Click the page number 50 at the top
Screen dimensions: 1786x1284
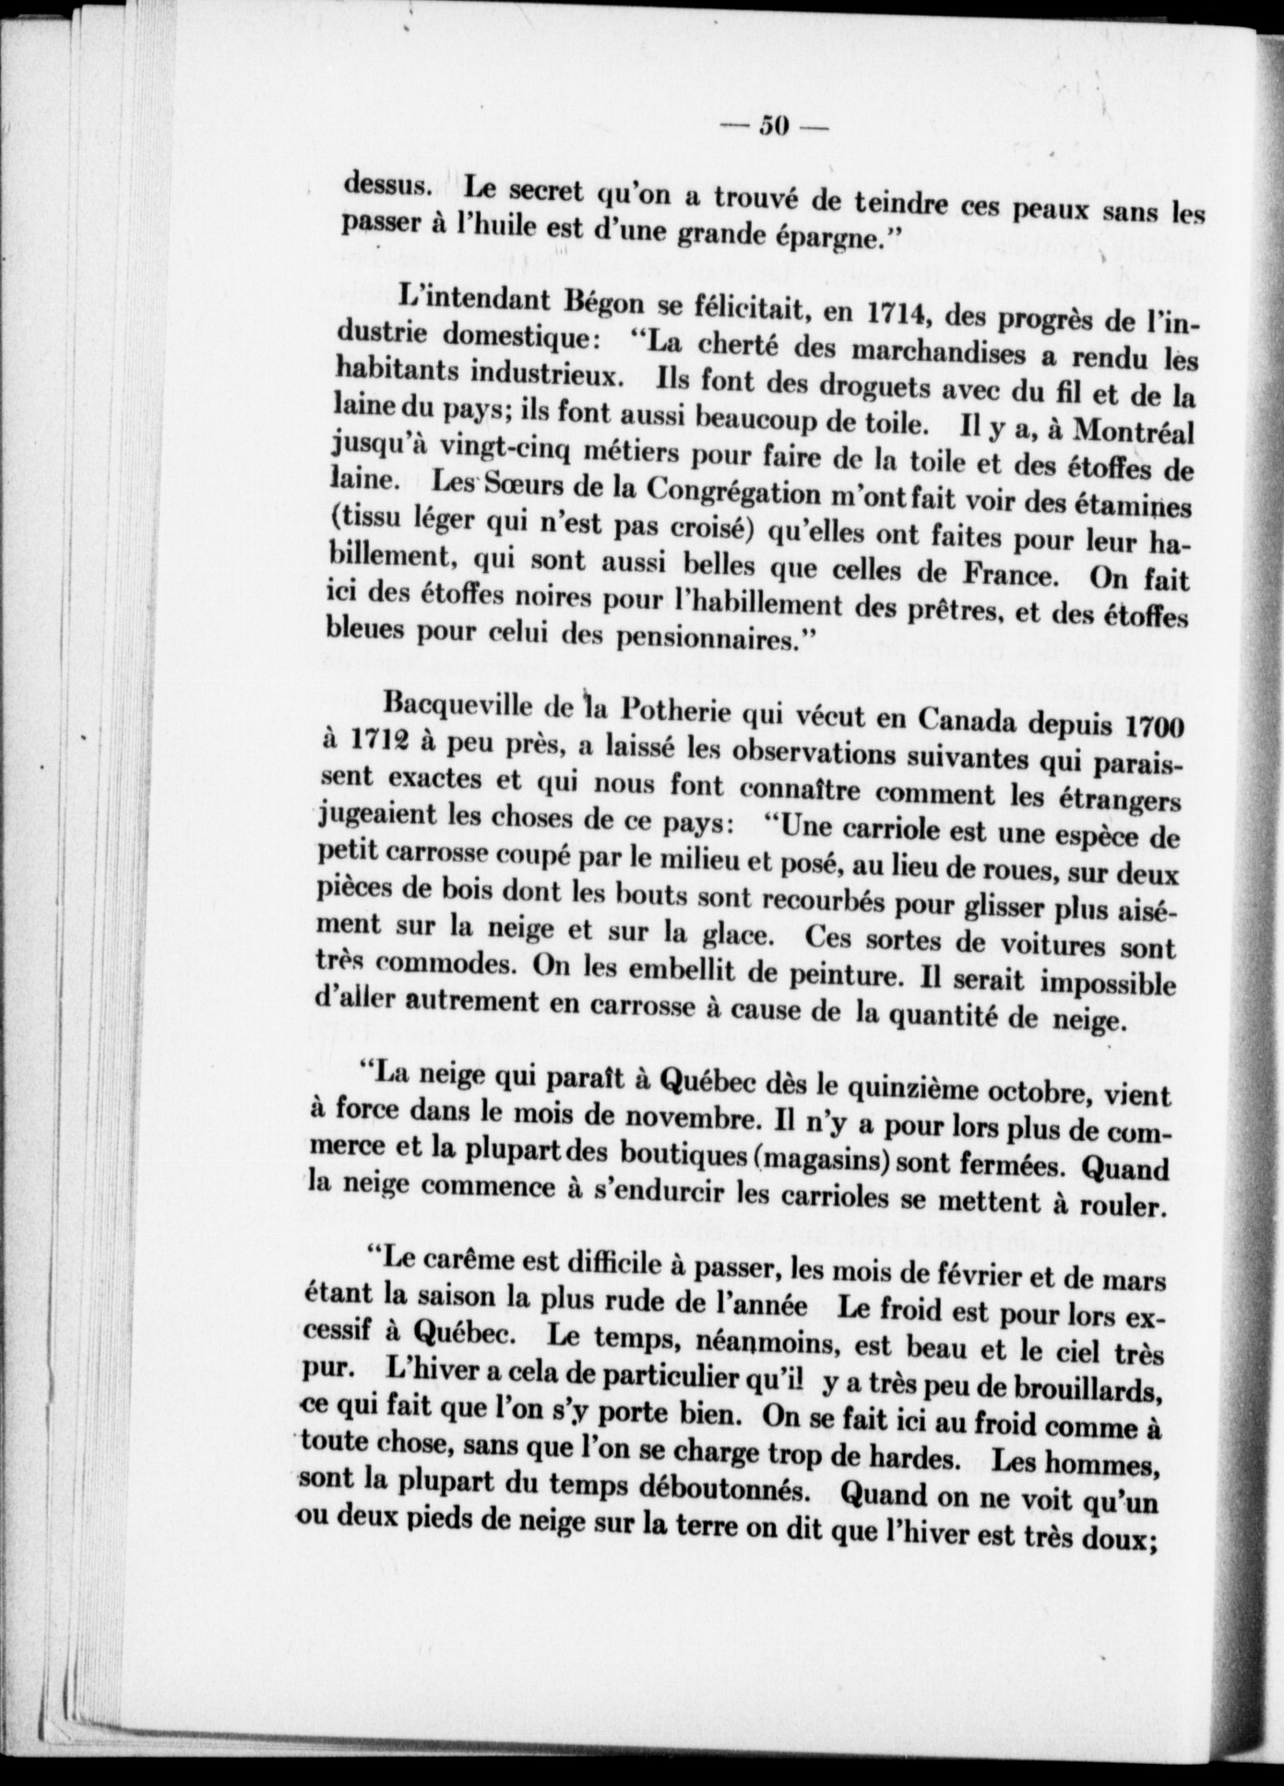tap(770, 126)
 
